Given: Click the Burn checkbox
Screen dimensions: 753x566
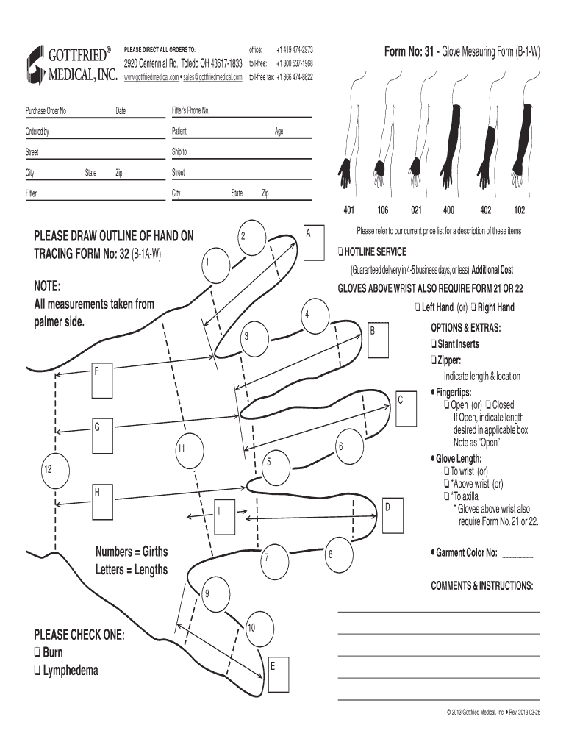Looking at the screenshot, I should click(x=37, y=653).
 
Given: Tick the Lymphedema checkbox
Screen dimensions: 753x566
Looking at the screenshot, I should click(x=37, y=671).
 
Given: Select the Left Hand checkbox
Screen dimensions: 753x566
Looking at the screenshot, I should click(x=417, y=307).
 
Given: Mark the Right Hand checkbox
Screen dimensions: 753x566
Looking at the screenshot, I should click(x=474, y=307).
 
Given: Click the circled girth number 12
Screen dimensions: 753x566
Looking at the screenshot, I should click(x=47, y=468).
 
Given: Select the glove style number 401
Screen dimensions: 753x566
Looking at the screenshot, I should click(x=349, y=210).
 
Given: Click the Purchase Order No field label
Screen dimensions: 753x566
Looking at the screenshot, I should click(x=46, y=111).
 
